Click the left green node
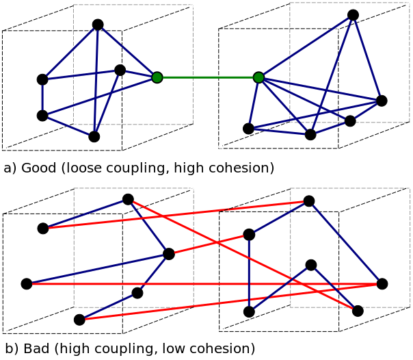point(157,77)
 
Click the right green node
point(258,77)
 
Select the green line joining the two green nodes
point(207,77)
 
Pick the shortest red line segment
point(209,244)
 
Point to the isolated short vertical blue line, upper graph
point(42,97)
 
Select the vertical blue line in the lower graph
point(249,270)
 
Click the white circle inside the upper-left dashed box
point(120,32)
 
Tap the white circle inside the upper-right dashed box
point(336,30)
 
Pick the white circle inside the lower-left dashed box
point(120,215)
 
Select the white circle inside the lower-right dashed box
point(336,213)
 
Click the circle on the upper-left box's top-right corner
point(191,7)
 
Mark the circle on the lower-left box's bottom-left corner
point(76,306)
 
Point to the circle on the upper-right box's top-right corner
point(407,5)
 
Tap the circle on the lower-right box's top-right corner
point(408,188)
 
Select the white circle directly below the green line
point(220,146)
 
